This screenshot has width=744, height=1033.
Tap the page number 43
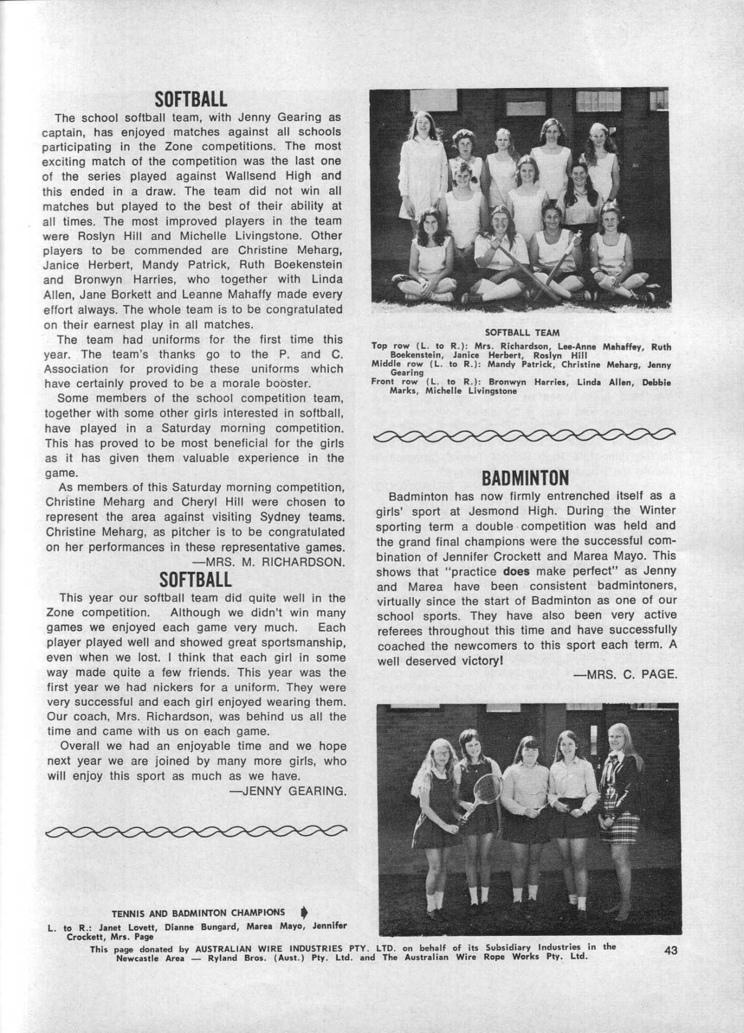point(671,950)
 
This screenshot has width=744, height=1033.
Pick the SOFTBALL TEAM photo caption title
point(522,332)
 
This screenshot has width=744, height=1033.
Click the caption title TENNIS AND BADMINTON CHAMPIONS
point(197,913)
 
